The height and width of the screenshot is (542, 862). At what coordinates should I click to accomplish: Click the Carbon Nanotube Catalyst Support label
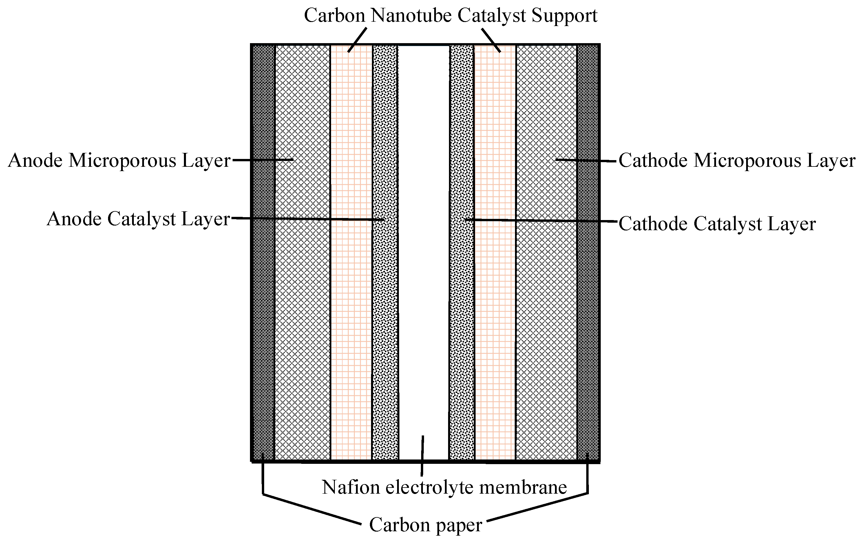pos(450,16)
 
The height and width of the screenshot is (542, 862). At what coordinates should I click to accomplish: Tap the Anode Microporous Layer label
pos(119,161)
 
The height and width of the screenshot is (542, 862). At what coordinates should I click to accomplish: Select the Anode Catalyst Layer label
pos(138,219)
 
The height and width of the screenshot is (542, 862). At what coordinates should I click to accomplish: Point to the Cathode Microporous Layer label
pos(737,161)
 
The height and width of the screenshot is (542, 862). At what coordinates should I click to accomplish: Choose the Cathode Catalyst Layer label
pos(717,224)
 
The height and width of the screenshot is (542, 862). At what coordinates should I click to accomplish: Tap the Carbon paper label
pos(425,525)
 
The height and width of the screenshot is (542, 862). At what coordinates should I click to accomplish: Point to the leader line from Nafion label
pos(422,456)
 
